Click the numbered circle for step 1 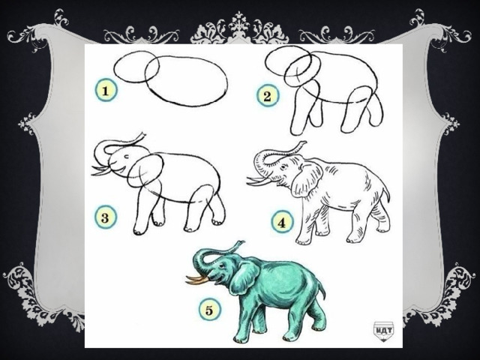coord(106,91)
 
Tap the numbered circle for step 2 coord(267,96)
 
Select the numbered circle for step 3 coord(105,218)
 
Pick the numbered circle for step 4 coord(282,223)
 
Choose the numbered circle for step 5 coord(209,310)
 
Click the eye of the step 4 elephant coord(283,166)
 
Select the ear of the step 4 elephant coord(307,179)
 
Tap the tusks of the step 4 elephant coord(259,181)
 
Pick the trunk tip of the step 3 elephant coord(142,136)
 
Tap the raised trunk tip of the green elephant coord(240,244)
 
